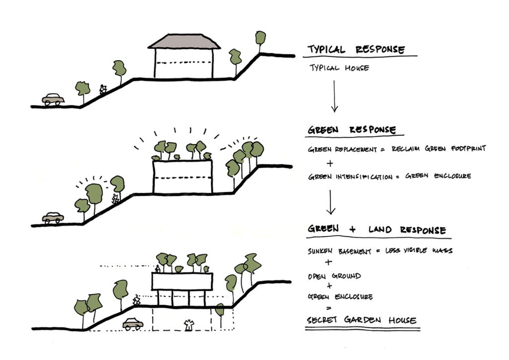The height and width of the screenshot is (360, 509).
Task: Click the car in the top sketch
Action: [x=53, y=99]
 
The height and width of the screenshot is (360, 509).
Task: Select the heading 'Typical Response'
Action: [x=356, y=50]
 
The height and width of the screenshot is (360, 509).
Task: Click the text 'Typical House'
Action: [x=339, y=67]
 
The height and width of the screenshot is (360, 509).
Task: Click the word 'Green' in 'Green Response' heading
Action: [x=323, y=130]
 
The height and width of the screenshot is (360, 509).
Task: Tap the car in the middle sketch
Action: [x=53, y=217]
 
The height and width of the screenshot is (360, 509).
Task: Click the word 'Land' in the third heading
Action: [x=380, y=230]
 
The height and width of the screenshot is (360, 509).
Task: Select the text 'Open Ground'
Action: [x=334, y=276]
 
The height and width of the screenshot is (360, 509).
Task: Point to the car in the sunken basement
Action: [x=133, y=324]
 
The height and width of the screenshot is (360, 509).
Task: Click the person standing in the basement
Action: [x=188, y=325]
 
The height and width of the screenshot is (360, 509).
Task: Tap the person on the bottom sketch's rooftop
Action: [x=158, y=269]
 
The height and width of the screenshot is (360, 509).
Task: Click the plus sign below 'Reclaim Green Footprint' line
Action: [x=329, y=163]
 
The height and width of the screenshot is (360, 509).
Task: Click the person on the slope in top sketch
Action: [x=103, y=90]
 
